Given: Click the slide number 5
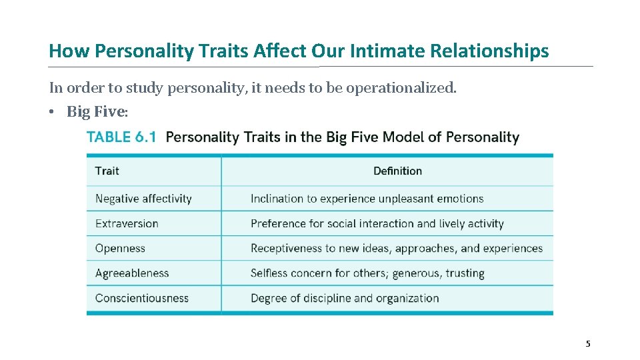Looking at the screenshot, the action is click(x=588, y=344).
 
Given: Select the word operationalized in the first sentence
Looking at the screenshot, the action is click(x=407, y=88).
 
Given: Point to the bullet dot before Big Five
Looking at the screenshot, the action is click(x=51, y=112).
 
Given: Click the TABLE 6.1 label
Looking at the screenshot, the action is click(x=121, y=137).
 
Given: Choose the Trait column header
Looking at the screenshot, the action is click(x=107, y=171).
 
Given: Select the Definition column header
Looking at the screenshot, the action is click(x=397, y=171).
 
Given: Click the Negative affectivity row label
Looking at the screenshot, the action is click(x=143, y=199).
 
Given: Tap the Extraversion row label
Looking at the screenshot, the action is click(x=127, y=223).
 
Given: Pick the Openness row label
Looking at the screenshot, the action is click(x=120, y=248).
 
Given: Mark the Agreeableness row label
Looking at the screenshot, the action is click(x=132, y=273).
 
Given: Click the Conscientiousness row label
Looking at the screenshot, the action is click(x=142, y=298).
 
